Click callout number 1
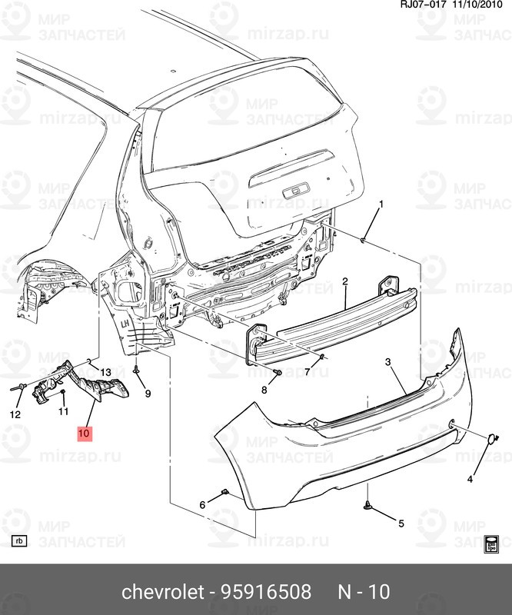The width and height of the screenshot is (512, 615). pos(380,204)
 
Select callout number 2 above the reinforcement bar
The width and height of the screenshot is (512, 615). pos(345,281)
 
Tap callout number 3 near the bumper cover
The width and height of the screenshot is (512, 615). pos(388,362)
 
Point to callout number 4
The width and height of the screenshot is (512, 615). pos(470,480)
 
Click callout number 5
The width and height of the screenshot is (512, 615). pos(400,524)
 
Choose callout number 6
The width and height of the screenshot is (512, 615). pos(203,505)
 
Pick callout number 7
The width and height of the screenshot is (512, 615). pos(306,372)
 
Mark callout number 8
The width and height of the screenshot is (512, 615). pos(264,390)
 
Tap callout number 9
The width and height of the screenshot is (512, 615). pos(148,394)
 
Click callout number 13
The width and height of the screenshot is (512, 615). pos(105,373)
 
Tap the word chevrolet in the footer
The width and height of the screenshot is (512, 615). pos(161,592)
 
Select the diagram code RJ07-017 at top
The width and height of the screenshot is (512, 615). pos(422,5)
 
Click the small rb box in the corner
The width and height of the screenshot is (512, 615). pos(20,540)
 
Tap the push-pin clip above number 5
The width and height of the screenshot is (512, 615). pos(368,505)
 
